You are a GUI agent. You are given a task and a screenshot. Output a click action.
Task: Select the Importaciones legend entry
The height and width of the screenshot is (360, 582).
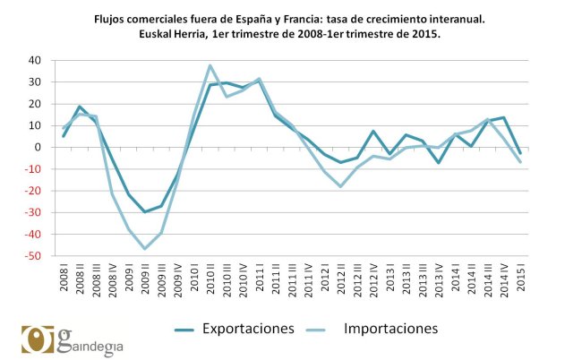390,329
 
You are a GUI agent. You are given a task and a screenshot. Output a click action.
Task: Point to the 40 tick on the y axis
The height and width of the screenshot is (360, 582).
37,61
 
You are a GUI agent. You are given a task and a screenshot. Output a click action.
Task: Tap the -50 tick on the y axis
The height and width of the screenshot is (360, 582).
35,256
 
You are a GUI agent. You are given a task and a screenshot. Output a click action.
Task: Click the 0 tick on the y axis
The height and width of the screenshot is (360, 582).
40,148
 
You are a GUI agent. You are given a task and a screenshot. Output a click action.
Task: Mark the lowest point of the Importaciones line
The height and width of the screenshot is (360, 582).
145,249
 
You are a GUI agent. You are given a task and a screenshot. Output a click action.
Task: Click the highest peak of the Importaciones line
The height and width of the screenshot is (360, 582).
210,65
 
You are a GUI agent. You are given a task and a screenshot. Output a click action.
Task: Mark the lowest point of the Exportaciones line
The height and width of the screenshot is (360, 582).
145,212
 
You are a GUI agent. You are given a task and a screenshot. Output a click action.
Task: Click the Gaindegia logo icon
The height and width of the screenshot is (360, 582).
39,339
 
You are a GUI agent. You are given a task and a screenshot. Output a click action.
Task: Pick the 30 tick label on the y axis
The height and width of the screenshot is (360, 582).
37,82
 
